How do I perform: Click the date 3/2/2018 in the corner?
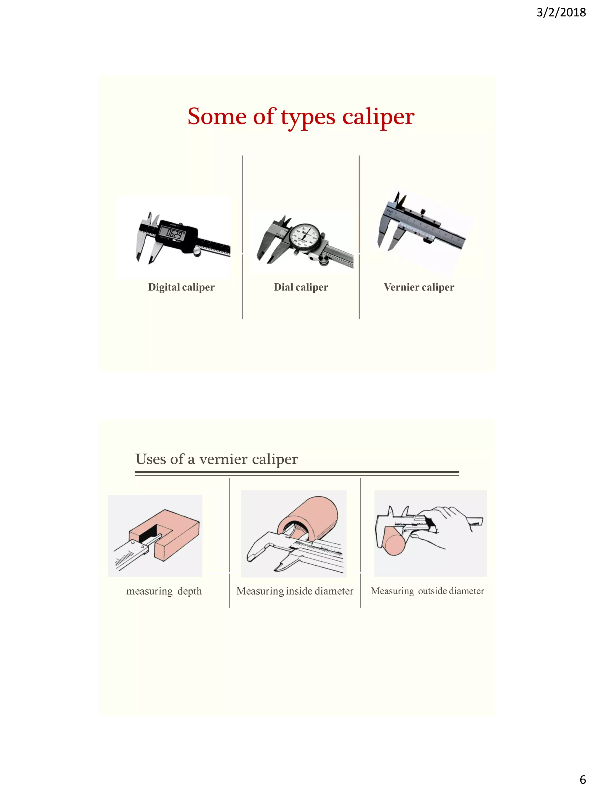point(561,12)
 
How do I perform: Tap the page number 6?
point(582,779)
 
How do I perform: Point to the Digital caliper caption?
point(181,287)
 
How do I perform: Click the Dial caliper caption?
point(301,287)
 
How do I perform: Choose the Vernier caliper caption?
point(419,287)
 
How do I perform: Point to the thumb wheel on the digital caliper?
point(197,251)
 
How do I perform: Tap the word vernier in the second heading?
point(223,459)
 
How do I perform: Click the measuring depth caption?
point(164,591)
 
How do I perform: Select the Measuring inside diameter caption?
point(295,591)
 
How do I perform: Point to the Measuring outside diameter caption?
point(427,591)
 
